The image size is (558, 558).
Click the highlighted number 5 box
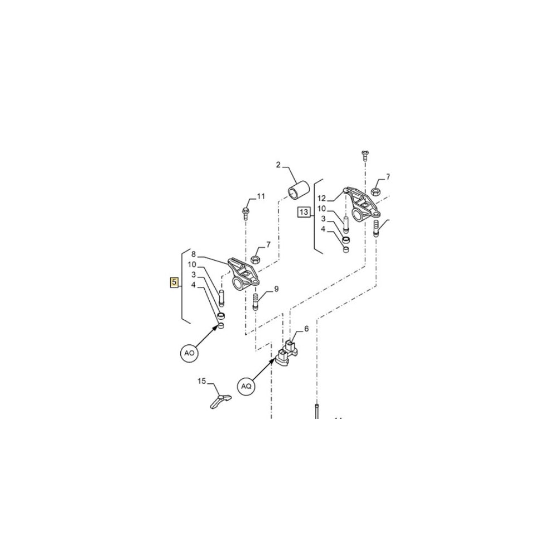[174, 283]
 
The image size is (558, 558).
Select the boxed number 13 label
[304, 212]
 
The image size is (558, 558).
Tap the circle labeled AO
[189, 353]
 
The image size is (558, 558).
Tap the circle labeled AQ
[246, 385]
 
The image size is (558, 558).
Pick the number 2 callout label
[278, 165]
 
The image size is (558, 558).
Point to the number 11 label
[261, 196]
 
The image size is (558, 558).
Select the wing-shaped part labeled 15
[220, 401]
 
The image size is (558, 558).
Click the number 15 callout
[202, 382]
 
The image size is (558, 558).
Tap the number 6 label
[306, 329]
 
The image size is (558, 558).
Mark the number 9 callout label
[276, 289]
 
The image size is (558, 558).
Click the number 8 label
[194, 253]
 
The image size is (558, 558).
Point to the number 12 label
[321, 198]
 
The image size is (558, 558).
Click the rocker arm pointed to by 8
[243, 275]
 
